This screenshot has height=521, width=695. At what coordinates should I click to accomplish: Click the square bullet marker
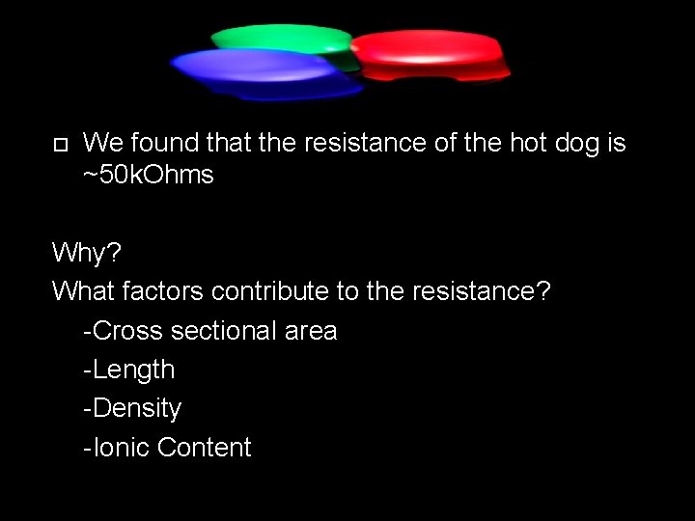coord(60,145)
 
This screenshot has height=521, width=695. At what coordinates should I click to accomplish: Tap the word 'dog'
coord(571,144)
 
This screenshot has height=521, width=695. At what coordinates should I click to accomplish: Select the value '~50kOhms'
coord(149,176)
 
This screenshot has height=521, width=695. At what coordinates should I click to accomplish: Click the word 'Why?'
coord(88,254)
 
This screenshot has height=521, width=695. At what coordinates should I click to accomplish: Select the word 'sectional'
coord(223,331)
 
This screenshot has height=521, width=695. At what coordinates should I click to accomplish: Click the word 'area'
coord(311,331)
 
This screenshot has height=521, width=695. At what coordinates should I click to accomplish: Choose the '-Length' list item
coord(129,370)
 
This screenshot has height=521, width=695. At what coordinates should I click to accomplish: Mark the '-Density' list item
coord(132,408)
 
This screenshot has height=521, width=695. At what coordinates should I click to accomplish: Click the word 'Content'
coord(204,448)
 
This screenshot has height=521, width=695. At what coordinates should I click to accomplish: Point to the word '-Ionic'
coord(116,448)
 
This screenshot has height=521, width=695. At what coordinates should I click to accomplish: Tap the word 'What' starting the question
coord(82,290)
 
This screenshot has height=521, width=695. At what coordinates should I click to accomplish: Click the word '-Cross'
coord(125,331)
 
